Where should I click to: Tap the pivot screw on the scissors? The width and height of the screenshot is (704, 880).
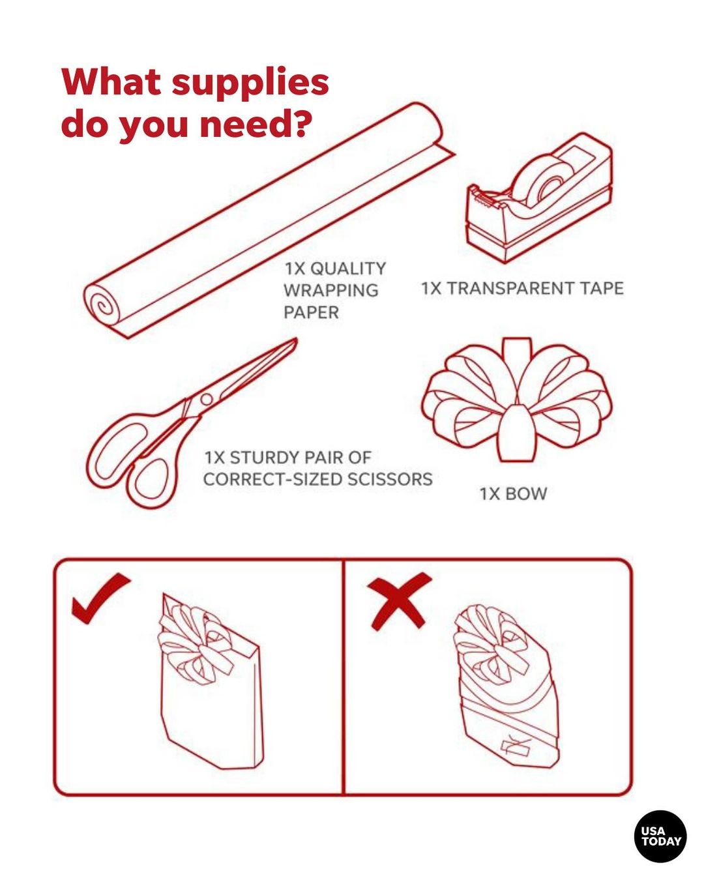tap(207, 399)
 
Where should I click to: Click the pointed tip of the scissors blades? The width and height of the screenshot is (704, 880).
tap(295, 340)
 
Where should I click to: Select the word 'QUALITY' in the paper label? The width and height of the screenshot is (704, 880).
tap(347, 269)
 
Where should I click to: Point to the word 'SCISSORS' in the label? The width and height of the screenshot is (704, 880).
tap(389, 479)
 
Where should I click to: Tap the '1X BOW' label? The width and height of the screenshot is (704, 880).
tap(513, 493)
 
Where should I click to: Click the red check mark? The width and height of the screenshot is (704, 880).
tap(100, 598)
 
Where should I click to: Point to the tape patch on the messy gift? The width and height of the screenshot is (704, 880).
tap(514, 746)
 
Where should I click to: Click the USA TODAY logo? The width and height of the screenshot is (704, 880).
tap(660, 836)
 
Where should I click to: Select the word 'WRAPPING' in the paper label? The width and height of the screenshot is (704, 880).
tap(331, 290)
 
